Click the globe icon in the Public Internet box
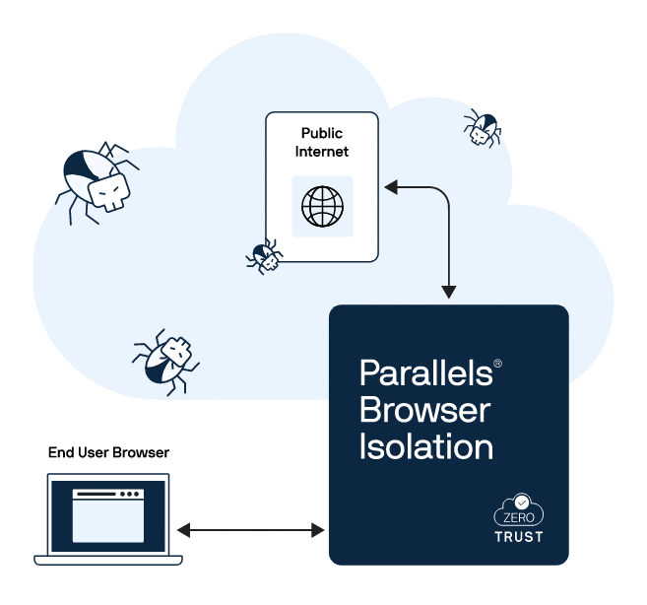pyautogui.click(x=322, y=207)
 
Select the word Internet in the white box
pyautogui.click(x=322, y=152)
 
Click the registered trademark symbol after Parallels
pyautogui.click(x=498, y=364)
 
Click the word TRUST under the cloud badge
pyautogui.click(x=519, y=537)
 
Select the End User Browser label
pyautogui.click(x=108, y=452)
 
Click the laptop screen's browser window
pyautogui.click(x=108, y=517)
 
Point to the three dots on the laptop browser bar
pyautogui.click(x=130, y=494)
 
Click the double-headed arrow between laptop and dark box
pyautogui.click(x=251, y=530)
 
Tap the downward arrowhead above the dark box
pyautogui.click(x=449, y=292)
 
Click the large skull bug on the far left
pyautogui.click(x=96, y=180)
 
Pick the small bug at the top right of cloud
pyautogui.click(x=482, y=128)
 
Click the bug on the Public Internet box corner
pyautogui.click(x=264, y=256)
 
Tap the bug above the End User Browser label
pyautogui.click(x=164, y=359)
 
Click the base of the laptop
pyautogui.click(x=108, y=560)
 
